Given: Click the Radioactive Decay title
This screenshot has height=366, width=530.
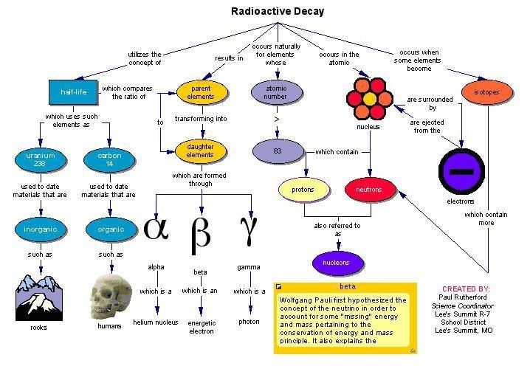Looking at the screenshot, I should point(278,11).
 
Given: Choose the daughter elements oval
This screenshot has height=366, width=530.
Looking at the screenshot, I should point(199,151).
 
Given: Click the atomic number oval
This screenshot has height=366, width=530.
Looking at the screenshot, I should point(276,92).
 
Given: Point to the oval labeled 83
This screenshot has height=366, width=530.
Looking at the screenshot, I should point(278,151).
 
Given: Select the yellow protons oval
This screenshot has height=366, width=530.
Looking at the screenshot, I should point(302,190).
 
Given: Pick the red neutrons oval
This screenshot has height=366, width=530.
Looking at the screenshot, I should point(368,190).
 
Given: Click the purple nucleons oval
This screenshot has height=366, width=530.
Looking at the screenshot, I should point(337,261).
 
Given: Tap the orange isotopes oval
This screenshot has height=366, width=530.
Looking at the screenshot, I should point(486,92).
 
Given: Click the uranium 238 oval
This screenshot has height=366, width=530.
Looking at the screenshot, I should point(41,160).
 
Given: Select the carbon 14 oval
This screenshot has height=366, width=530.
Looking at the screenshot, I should point(109,160).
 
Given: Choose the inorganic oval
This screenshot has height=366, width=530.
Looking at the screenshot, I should point(41,229).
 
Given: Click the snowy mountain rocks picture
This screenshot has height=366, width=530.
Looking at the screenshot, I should point(40,295).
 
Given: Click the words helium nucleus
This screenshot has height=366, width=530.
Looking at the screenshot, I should point(155,322).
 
